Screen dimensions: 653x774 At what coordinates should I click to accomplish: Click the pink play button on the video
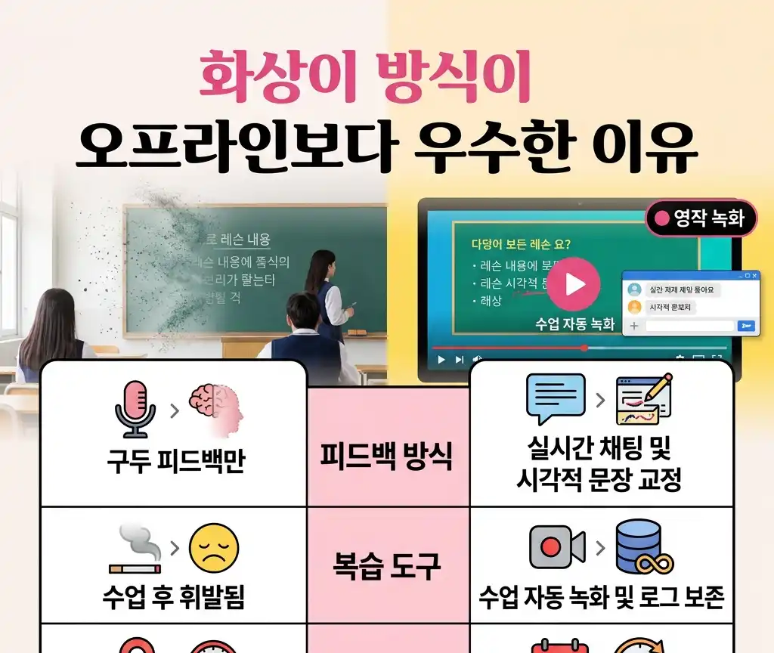point(574,284)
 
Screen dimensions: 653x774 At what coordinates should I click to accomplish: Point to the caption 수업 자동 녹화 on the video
point(574,324)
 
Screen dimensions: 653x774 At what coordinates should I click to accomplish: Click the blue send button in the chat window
point(745,326)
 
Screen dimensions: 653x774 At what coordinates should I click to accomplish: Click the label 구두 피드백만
point(175,461)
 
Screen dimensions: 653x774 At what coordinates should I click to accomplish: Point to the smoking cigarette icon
point(135,549)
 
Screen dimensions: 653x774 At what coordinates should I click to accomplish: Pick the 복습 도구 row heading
point(387,565)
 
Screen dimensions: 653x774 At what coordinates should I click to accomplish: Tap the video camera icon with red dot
point(556,546)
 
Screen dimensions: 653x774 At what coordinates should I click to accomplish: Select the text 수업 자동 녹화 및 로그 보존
point(602,597)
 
